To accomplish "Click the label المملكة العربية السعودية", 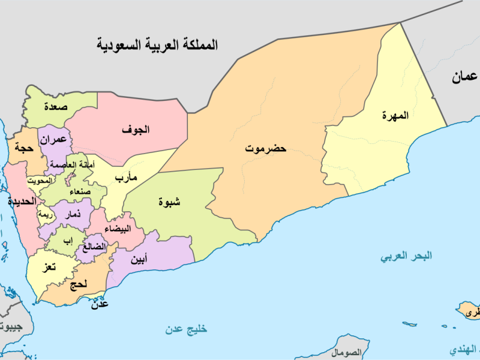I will coord(158,44).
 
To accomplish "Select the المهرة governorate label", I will coord(395,115).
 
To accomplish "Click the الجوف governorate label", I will coord(136,129).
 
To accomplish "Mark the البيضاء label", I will coord(116,229).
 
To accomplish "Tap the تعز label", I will coord(47,267).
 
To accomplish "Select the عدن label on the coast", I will coord(100,305).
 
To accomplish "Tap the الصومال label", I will coord(349,352).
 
